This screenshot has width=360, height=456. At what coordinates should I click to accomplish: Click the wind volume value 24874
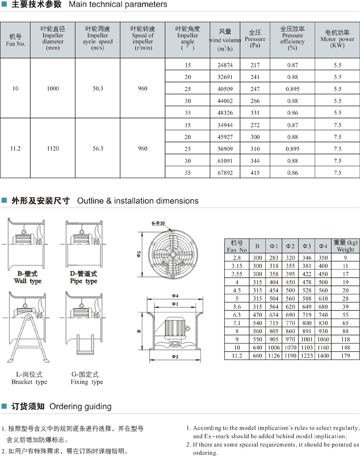(224, 65)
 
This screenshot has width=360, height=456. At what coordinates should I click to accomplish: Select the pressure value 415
(255, 173)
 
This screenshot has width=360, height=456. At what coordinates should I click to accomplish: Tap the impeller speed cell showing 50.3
(98, 89)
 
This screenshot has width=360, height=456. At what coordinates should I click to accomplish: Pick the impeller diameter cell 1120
(53, 149)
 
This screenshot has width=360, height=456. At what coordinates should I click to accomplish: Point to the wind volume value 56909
(224, 149)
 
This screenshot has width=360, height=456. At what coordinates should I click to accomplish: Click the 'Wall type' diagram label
(28, 281)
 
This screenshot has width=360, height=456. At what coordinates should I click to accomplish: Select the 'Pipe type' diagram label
(83, 281)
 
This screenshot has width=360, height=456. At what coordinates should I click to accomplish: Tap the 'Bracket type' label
(29, 382)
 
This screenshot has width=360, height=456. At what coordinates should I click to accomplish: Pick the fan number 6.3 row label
(237, 315)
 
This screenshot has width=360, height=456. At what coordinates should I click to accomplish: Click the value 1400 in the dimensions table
(323, 356)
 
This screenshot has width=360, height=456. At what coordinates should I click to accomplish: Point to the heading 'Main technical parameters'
(118, 5)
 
